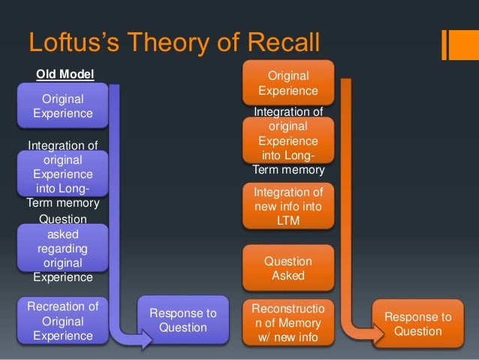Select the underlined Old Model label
pos(66,74)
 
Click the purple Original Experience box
pos(63,106)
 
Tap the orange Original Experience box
pos(288,82)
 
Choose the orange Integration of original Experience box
pos(288,141)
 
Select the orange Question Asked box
pos(288,268)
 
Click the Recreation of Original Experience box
pos(63,321)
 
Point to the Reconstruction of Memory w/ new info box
pos(288,321)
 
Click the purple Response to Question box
pos(183,321)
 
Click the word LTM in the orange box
pos(288,221)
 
